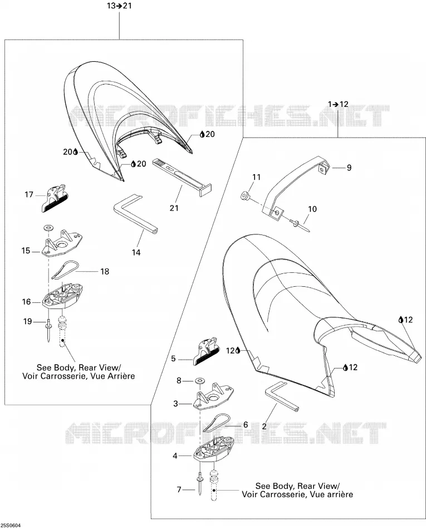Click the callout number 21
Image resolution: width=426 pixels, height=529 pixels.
pyautogui.click(x=174, y=208)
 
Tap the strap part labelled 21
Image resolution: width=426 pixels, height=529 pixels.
pyautogui.click(x=182, y=177)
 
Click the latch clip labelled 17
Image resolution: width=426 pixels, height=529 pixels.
pyautogui.click(x=55, y=198)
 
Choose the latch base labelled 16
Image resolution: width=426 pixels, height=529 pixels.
pyautogui.click(x=63, y=296)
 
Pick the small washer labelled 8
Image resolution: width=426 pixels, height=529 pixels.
pyautogui.click(x=200, y=380)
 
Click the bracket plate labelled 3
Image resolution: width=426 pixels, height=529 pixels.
pyautogui.click(x=213, y=396)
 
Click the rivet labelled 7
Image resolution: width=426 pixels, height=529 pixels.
pyautogui.click(x=200, y=483)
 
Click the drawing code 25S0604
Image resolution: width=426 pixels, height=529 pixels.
pyautogui.click(x=11, y=526)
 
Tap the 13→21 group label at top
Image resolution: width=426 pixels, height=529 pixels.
pyautogui.click(x=119, y=6)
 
